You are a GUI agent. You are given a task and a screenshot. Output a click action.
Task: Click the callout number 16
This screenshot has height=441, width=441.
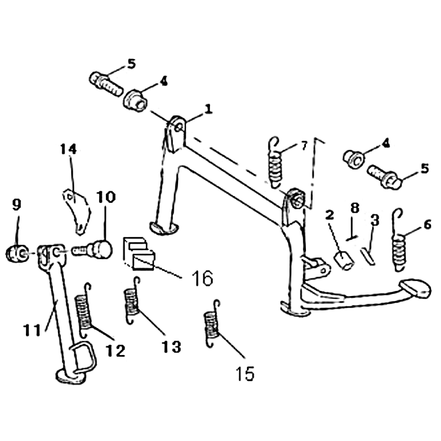202,278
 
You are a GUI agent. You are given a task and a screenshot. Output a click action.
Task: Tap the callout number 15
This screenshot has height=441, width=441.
245,374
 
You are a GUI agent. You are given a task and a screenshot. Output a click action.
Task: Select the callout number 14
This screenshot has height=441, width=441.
68,149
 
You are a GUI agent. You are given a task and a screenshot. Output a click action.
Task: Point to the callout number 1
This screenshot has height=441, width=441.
208,109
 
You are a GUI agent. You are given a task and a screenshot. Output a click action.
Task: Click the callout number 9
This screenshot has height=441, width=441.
17,205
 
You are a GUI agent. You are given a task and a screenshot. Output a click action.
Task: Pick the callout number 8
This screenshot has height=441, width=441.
355,208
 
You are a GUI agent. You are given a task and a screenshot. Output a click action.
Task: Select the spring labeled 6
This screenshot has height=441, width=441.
399,240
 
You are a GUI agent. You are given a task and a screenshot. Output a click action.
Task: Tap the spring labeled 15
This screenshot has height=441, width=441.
212,324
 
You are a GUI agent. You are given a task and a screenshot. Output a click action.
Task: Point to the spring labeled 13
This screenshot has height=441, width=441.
131,300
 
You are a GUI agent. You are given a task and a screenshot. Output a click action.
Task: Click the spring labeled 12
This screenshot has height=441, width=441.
84,311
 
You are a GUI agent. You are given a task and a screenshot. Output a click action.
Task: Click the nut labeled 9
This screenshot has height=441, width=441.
18,253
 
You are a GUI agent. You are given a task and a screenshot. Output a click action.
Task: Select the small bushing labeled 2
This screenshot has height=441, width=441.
344,261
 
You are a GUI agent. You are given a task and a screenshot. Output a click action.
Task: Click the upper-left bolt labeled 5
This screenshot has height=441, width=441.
106,84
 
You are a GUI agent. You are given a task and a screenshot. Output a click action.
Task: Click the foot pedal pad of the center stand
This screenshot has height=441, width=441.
416,288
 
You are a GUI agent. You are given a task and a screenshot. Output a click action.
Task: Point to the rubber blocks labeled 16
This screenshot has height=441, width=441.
139,254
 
